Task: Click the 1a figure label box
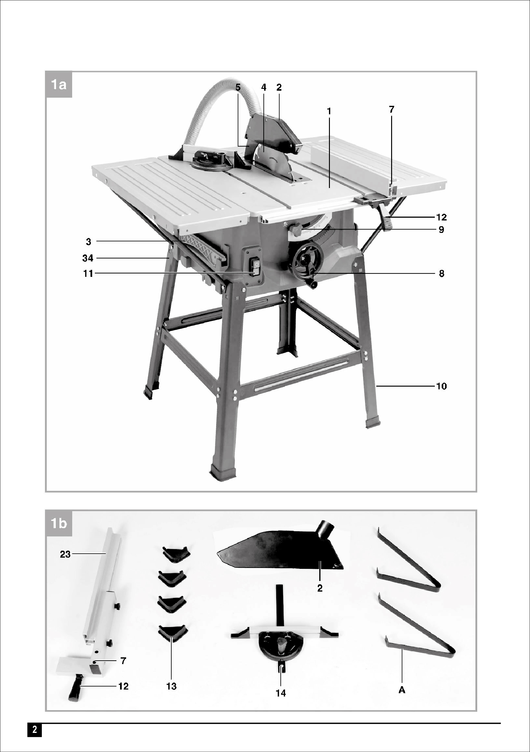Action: click(x=59, y=85)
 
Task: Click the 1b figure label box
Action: click(x=59, y=523)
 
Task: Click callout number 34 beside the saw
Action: click(x=88, y=258)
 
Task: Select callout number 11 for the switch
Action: click(x=88, y=274)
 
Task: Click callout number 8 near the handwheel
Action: click(x=441, y=274)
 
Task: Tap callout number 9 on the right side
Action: click(x=441, y=230)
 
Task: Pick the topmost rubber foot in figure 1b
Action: click(x=176, y=554)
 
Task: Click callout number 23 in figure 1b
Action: click(x=65, y=555)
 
